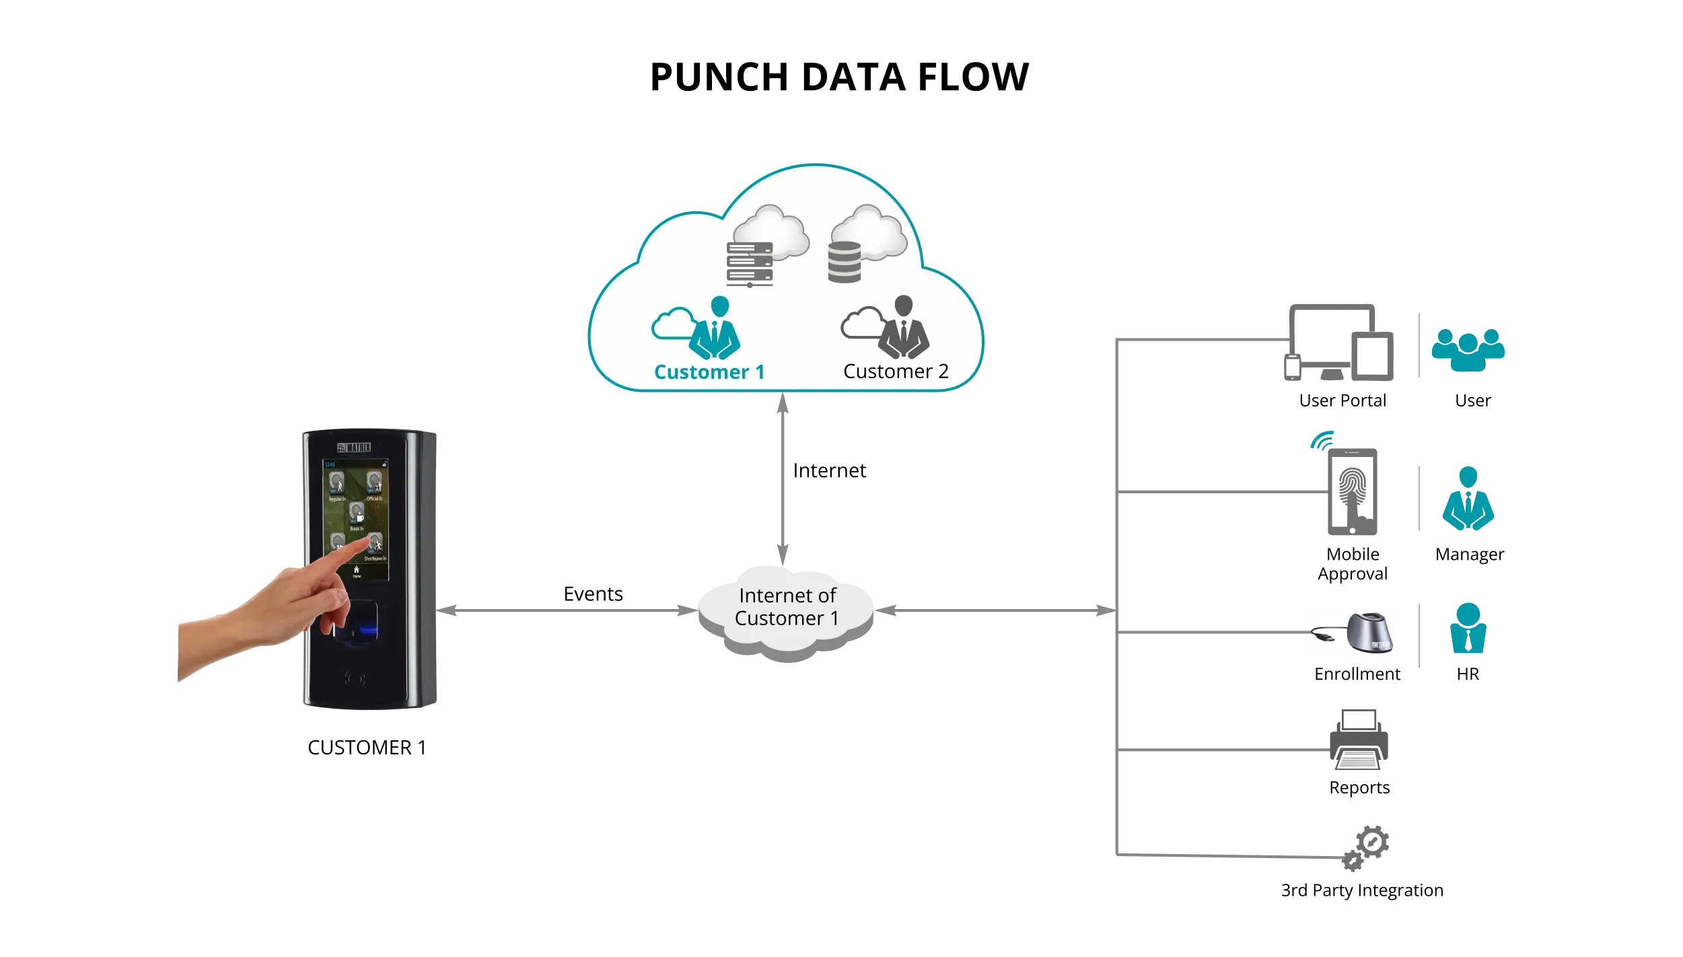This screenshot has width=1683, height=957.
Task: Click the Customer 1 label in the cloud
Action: [x=709, y=372]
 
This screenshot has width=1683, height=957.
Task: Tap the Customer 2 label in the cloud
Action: [x=896, y=371]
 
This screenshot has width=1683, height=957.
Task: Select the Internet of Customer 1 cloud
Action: [x=786, y=609]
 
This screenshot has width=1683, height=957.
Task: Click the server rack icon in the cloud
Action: [x=750, y=264]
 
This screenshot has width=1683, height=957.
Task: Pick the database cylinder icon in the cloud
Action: [x=845, y=262]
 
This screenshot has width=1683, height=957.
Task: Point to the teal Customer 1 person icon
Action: [x=715, y=328]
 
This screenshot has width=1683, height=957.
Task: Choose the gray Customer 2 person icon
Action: [x=904, y=328]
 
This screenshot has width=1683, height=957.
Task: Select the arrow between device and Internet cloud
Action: [x=567, y=610]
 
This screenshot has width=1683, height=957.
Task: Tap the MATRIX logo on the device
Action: [x=355, y=448]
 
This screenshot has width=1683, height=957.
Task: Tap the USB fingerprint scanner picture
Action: [x=1351, y=633]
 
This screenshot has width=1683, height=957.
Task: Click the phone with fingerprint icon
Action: [x=1352, y=492]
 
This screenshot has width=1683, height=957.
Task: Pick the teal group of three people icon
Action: [x=1468, y=350]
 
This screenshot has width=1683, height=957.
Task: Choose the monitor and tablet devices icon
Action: [x=1339, y=343]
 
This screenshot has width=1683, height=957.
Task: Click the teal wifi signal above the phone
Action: [x=1322, y=441]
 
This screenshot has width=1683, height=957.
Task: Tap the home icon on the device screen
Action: [x=357, y=570]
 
